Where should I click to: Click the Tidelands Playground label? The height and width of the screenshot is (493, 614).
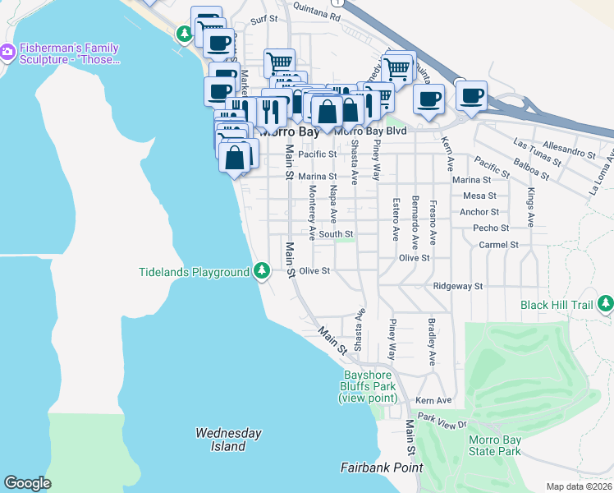pyautogui.click(x=194, y=272)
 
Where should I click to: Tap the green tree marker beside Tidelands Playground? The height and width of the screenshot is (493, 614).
pyautogui.click(x=262, y=270)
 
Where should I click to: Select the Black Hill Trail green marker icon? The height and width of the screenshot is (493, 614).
pyautogui.click(x=605, y=305)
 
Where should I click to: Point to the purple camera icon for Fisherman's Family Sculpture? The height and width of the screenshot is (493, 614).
pyautogui.click(x=8, y=53)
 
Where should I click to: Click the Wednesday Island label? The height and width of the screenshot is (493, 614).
pyautogui.click(x=228, y=440)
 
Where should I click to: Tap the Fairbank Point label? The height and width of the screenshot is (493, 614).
pyautogui.click(x=382, y=468)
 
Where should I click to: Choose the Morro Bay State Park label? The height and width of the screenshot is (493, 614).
pyautogui.click(x=494, y=445)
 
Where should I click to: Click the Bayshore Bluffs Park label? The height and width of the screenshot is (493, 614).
pyautogui.click(x=369, y=387)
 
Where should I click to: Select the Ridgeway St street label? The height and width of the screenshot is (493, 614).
pyautogui.click(x=458, y=286)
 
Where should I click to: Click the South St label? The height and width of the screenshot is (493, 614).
pyautogui.click(x=336, y=234)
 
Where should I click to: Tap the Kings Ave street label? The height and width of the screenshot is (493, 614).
pyautogui.click(x=531, y=207)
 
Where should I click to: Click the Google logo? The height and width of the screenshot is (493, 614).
pyautogui.click(x=27, y=483)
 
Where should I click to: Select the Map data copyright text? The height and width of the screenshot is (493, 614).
pyautogui.click(x=580, y=486)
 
